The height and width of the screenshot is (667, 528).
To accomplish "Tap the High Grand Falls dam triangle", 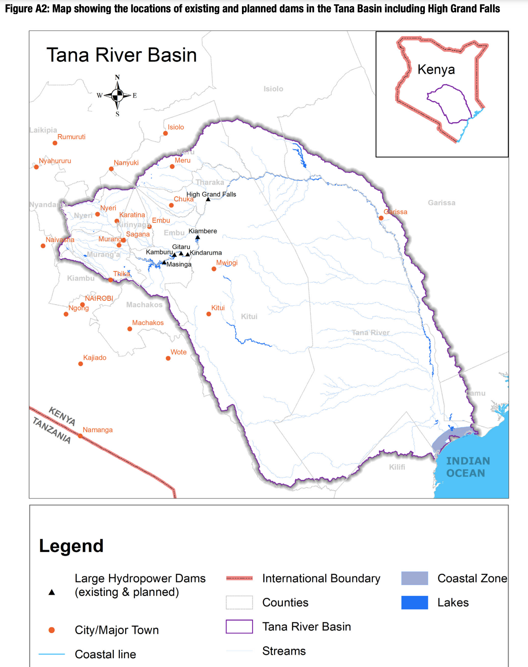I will (x=208, y=199).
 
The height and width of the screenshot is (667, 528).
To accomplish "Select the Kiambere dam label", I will (x=203, y=231).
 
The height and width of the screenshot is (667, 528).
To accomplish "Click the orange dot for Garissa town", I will (x=381, y=218).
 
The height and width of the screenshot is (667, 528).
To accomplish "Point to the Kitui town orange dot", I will (x=209, y=314).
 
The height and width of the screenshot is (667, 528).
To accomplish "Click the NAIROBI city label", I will (x=99, y=299).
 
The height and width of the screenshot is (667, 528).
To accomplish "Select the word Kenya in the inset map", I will (x=436, y=70).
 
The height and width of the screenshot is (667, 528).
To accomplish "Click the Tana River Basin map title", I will (x=122, y=56).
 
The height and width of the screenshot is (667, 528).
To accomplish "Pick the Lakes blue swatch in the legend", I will (x=414, y=603).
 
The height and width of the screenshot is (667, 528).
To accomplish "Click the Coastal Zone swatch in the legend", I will (x=414, y=578).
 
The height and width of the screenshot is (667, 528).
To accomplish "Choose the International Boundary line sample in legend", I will (x=239, y=578).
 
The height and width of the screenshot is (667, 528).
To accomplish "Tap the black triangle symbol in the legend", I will (x=52, y=592).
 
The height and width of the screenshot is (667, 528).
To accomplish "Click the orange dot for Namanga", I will (x=80, y=436).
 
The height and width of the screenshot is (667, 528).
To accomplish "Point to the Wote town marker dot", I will (x=168, y=358).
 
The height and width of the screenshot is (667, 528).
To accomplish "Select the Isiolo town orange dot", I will (x=165, y=133).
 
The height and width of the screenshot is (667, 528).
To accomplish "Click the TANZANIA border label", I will (x=52, y=431).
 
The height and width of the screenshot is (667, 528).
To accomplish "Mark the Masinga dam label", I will (x=179, y=265).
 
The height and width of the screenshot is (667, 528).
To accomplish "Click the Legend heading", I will (x=71, y=546).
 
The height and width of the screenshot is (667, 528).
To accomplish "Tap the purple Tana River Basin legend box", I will (x=239, y=627).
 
